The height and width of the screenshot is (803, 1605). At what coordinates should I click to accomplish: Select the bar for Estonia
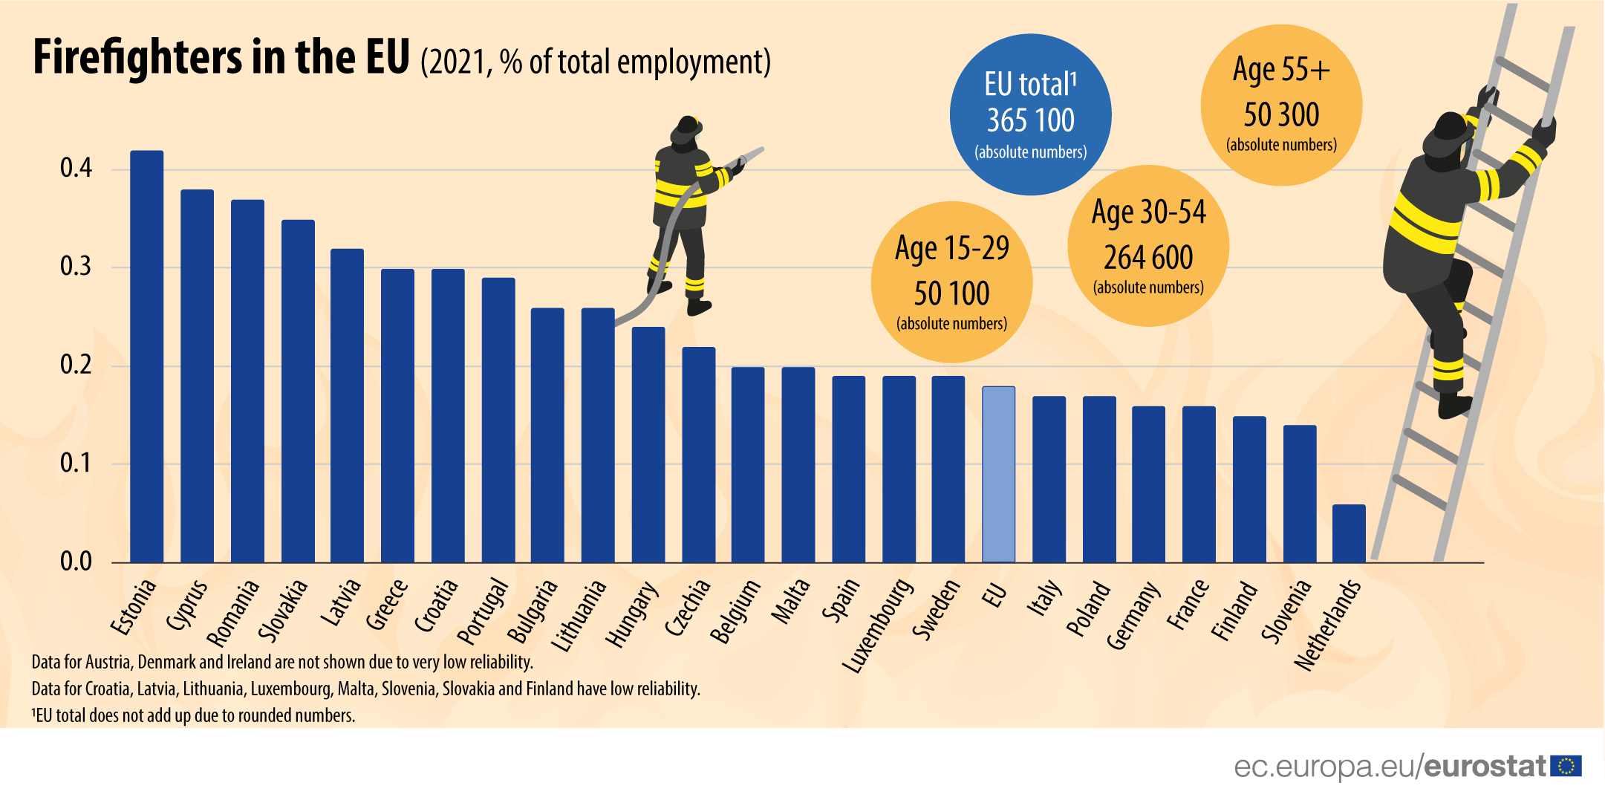[x=146, y=357]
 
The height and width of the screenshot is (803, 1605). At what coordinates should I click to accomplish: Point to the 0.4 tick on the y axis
[x=76, y=169]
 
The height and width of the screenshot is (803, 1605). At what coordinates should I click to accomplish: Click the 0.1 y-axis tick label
[x=76, y=464]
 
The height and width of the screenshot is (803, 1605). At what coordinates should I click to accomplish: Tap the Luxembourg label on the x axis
[x=879, y=626]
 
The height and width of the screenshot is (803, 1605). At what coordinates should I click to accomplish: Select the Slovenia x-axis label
[x=1286, y=611]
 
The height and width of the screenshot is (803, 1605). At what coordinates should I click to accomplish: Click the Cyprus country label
[x=186, y=605]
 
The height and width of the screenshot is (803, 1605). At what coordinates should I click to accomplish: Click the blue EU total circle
[x=1030, y=114]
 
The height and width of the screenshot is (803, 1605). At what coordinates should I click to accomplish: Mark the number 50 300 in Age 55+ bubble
[x=1281, y=115]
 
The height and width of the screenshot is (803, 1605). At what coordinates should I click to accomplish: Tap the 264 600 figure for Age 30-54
[x=1148, y=258]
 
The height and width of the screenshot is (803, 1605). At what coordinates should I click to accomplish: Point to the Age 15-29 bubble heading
[x=951, y=248]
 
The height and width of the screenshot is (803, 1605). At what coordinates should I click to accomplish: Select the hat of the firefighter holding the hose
[x=686, y=129]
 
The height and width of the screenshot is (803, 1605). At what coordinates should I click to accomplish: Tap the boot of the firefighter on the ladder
[x=1454, y=406]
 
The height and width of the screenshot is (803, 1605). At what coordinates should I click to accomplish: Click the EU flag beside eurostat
[x=1566, y=766]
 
